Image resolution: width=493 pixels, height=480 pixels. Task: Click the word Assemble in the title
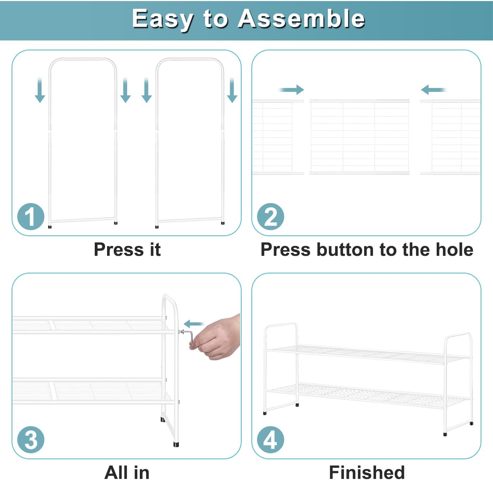[x=301, y=19]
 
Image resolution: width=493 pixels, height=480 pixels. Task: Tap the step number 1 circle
[x=31, y=216]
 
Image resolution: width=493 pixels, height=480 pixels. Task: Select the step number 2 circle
[x=270, y=216]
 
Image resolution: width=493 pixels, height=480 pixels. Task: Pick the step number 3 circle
[x=31, y=440]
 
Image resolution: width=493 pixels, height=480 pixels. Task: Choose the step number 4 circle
[x=270, y=440]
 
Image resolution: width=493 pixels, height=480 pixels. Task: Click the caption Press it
[x=127, y=250]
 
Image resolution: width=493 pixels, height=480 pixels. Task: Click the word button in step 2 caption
[x=345, y=250]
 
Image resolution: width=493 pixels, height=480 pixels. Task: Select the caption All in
[x=127, y=472]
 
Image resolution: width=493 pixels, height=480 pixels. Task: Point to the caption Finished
[x=367, y=472]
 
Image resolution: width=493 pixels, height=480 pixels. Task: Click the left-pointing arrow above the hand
[x=194, y=324]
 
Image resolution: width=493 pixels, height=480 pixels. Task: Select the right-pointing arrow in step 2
[x=291, y=90]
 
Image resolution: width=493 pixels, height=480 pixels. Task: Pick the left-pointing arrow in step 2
[x=433, y=90]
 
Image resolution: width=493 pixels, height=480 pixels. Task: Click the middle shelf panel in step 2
[x=359, y=137]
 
